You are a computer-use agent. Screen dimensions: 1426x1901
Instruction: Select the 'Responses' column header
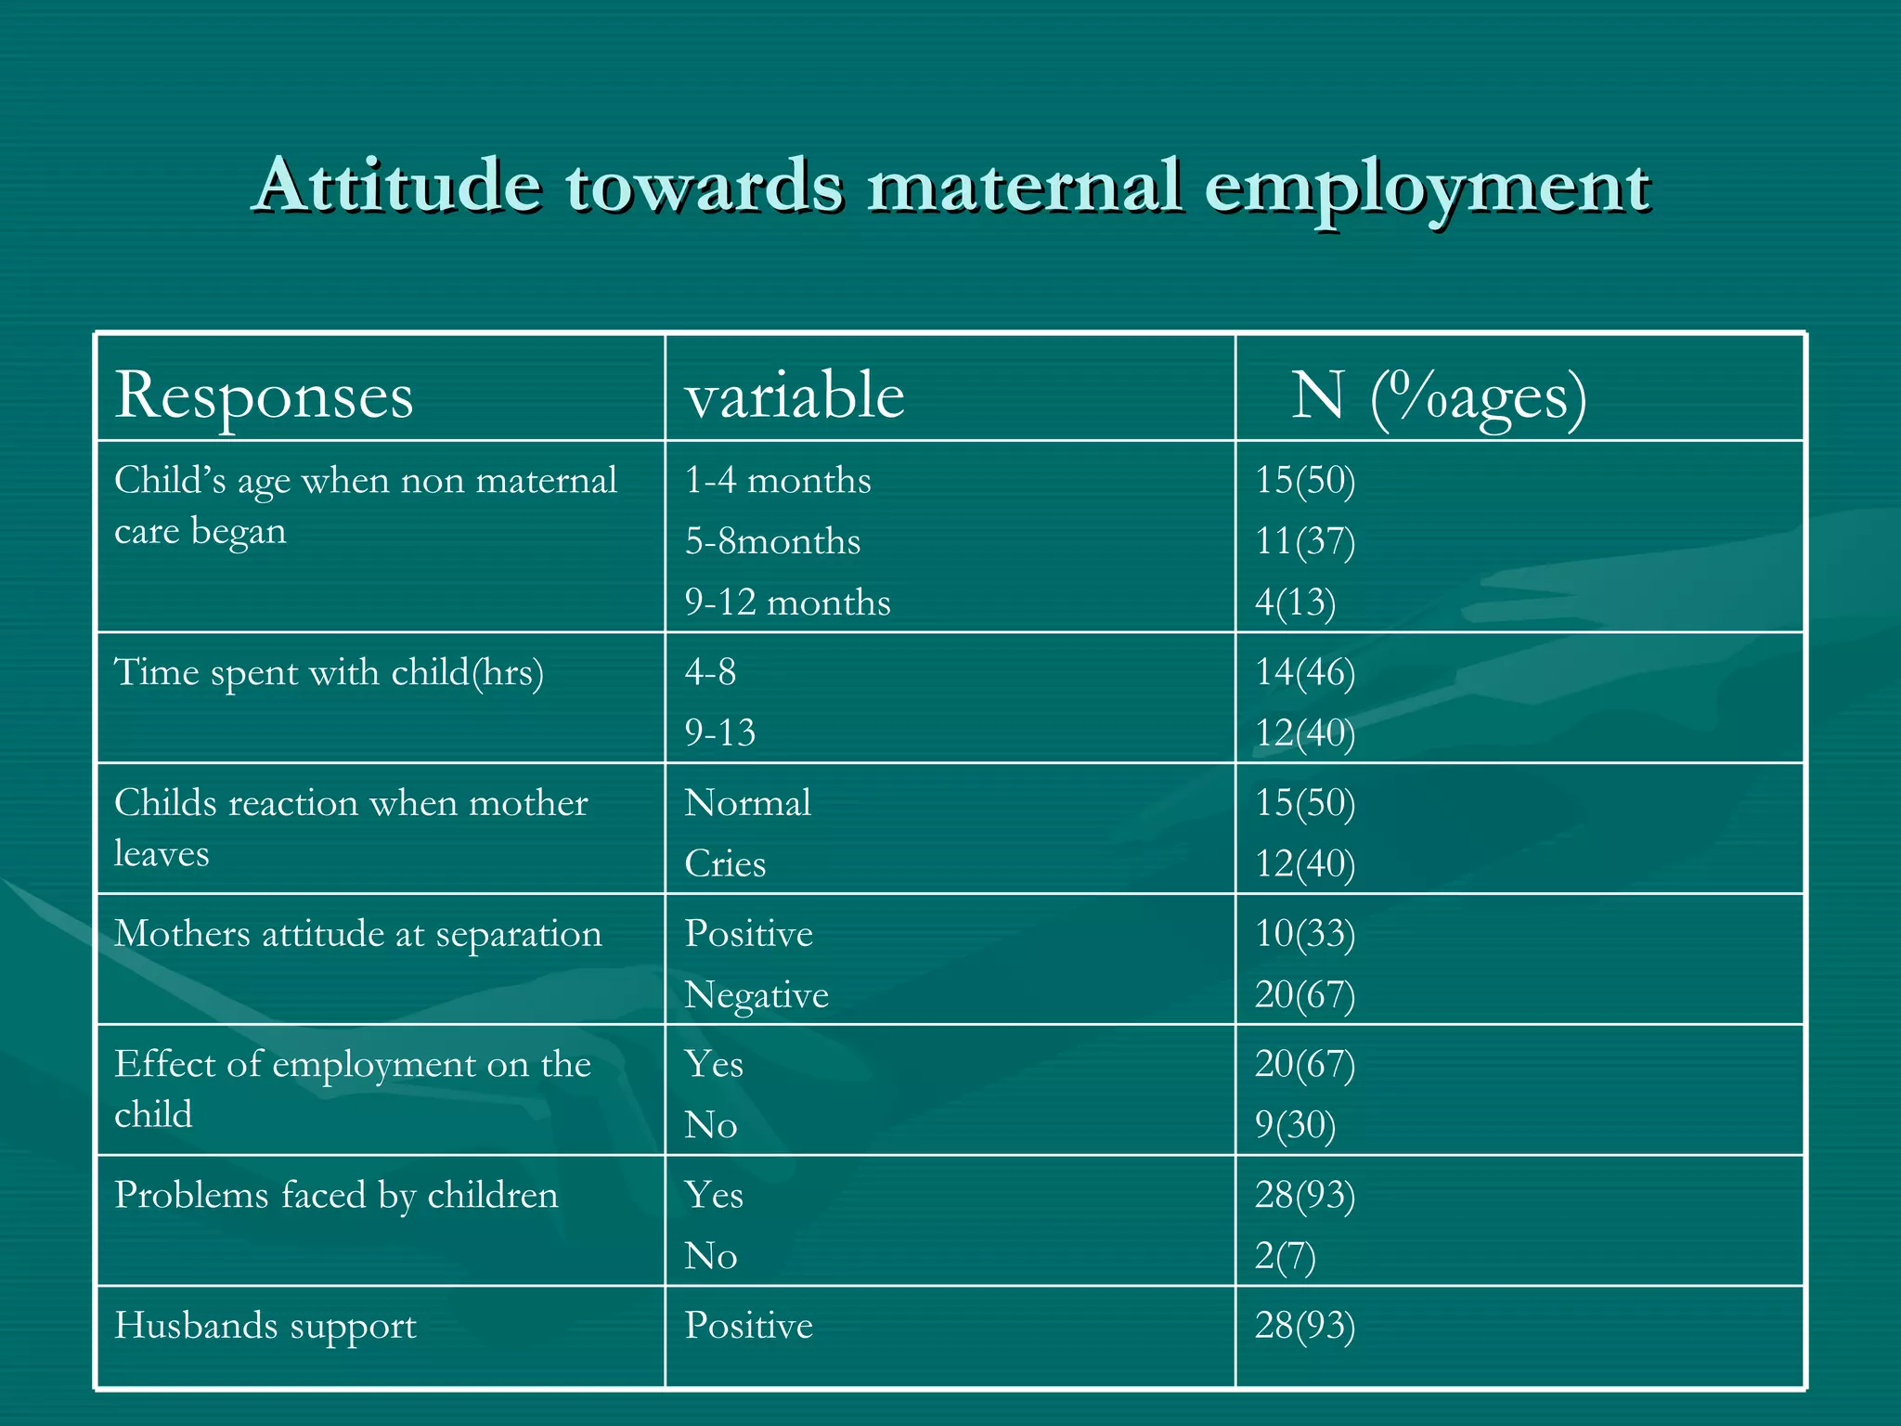(264, 395)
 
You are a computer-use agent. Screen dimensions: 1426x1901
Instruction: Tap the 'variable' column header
(795, 395)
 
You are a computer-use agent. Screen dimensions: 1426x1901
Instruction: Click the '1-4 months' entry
(778, 481)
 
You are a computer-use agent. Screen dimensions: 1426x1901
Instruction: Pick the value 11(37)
(1305, 541)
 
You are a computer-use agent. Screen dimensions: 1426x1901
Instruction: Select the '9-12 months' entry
(787, 603)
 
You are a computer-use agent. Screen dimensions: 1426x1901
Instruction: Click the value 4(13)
(1295, 603)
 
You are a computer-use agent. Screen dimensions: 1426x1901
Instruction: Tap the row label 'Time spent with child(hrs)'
(329, 672)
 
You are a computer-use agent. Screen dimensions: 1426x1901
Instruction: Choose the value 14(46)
(1305, 672)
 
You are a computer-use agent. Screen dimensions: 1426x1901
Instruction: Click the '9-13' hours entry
(720, 732)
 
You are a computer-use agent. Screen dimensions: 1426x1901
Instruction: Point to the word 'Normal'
(747, 803)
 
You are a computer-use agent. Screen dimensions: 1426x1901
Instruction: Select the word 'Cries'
(725, 864)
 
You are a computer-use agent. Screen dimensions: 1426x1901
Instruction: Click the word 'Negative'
(757, 995)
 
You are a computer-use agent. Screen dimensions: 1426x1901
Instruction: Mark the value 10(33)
(1305, 934)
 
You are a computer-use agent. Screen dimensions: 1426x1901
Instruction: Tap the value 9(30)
(1295, 1125)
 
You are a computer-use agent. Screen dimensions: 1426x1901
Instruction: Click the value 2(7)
(1285, 1256)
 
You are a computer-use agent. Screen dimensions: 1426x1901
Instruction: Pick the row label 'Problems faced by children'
(336, 1196)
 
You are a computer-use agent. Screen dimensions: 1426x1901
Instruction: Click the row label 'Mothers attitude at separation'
(357, 934)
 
